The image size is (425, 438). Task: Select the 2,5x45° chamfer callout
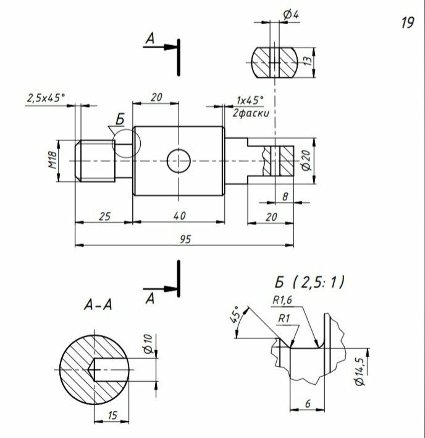46,98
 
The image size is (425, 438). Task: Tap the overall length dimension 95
185,239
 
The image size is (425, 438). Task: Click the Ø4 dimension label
291,14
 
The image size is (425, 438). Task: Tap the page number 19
406,23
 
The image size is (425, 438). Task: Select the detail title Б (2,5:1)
309,283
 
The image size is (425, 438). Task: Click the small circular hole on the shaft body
179,161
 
